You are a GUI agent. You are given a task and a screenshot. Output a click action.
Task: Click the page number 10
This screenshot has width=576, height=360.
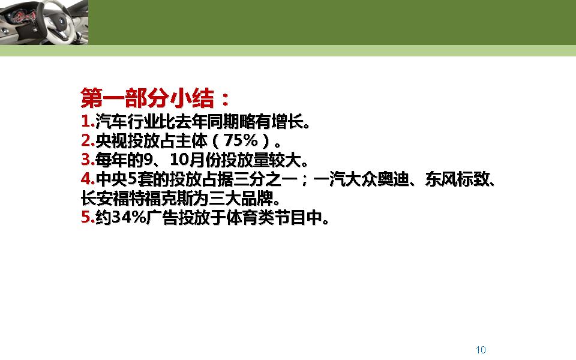480,350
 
